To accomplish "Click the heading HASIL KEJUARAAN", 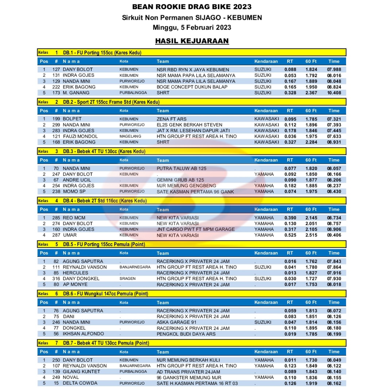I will (192, 41).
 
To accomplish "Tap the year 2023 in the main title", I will (239, 7).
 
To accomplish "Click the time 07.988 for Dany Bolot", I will (334, 69).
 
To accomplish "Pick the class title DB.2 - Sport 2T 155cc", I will (111, 102).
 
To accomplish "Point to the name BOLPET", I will (72, 119).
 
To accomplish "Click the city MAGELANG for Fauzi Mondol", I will (129, 136).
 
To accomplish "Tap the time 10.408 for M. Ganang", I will (334, 93).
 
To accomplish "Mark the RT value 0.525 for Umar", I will (290, 235).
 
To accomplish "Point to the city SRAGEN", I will (127, 279).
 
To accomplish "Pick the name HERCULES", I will (76, 273).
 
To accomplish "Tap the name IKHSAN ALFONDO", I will (83, 334).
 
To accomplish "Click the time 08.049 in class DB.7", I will (334, 360).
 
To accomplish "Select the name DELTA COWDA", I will (80, 383).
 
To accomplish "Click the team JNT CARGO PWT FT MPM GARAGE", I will (196, 229).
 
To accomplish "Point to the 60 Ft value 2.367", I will (311, 93).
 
